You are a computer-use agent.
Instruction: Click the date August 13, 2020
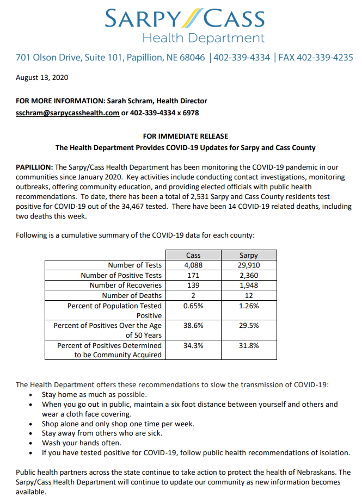[x=41, y=77]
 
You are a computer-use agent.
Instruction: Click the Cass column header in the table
[x=193, y=255]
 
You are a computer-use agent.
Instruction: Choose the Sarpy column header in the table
[x=249, y=255]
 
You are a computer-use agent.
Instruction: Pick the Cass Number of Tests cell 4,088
[x=193, y=265]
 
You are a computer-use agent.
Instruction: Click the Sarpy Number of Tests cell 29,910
[x=249, y=265]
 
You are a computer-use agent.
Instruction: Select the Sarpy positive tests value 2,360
[x=249, y=275]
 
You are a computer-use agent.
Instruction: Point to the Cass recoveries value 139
[x=193, y=285]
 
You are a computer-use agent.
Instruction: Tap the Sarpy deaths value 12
[x=249, y=295]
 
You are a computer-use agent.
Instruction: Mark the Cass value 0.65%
[x=193, y=306]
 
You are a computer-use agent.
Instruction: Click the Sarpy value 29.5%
[x=249, y=325]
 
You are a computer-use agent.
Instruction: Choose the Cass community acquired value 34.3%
[x=193, y=345]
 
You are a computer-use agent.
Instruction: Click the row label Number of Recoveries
[x=125, y=285]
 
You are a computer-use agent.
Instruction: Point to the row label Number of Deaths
[x=132, y=295]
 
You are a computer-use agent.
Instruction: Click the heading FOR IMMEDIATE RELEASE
[x=185, y=136]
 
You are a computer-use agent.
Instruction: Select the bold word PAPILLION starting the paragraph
[x=34, y=167]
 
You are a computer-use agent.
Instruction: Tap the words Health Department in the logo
[x=203, y=38]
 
